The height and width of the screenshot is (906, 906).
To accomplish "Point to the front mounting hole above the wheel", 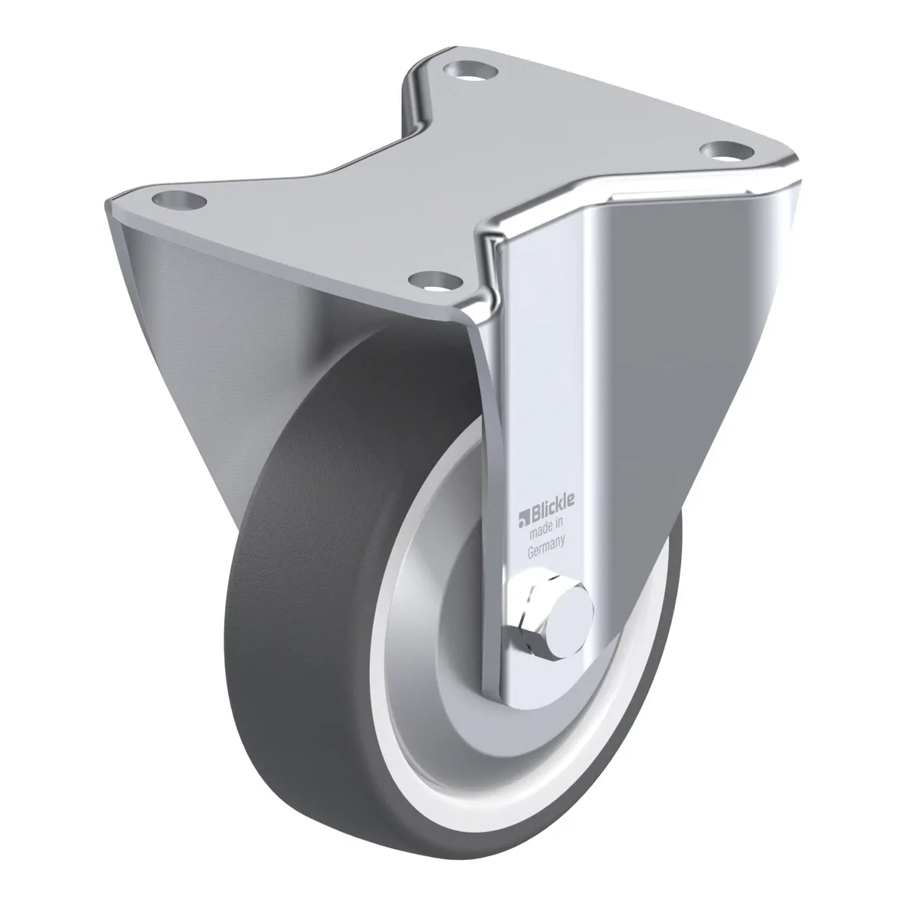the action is pos(436,281).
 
